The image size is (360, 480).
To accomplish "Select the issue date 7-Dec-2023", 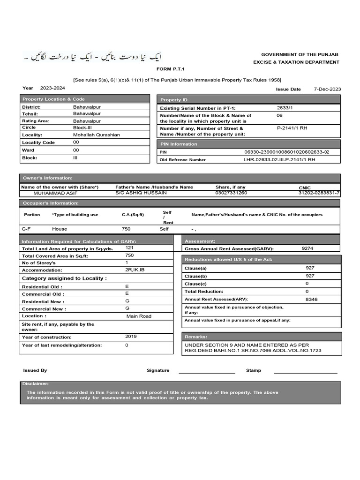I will [327, 89].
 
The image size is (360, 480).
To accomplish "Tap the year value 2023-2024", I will [52, 88].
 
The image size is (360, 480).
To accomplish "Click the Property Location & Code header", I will [53, 99].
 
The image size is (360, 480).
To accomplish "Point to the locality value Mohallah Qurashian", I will [97, 135].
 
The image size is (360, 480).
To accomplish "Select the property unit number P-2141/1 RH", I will [292, 127].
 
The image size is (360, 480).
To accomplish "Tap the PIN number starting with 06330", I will [286, 152].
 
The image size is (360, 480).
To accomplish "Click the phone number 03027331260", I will [231, 193].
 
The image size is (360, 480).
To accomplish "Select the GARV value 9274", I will [307, 248].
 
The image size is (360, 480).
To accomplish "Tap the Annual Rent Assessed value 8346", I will [311, 299].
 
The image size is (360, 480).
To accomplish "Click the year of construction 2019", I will [131, 337].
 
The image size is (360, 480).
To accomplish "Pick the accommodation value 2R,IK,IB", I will [135, 270].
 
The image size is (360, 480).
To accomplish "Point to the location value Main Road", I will [139, 316].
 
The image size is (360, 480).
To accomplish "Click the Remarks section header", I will [195, 337].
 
